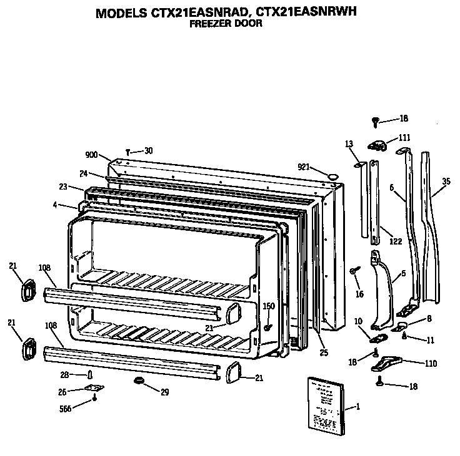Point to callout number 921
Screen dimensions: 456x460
coord(304,166)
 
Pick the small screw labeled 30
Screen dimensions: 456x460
coord(128,151)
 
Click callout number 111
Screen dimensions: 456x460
coord(404,137)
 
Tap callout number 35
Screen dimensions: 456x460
coord(445,182)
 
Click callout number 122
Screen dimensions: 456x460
coord(395,242)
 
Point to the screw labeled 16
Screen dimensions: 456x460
coord(355,270)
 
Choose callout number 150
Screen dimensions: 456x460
coord(269,306)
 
